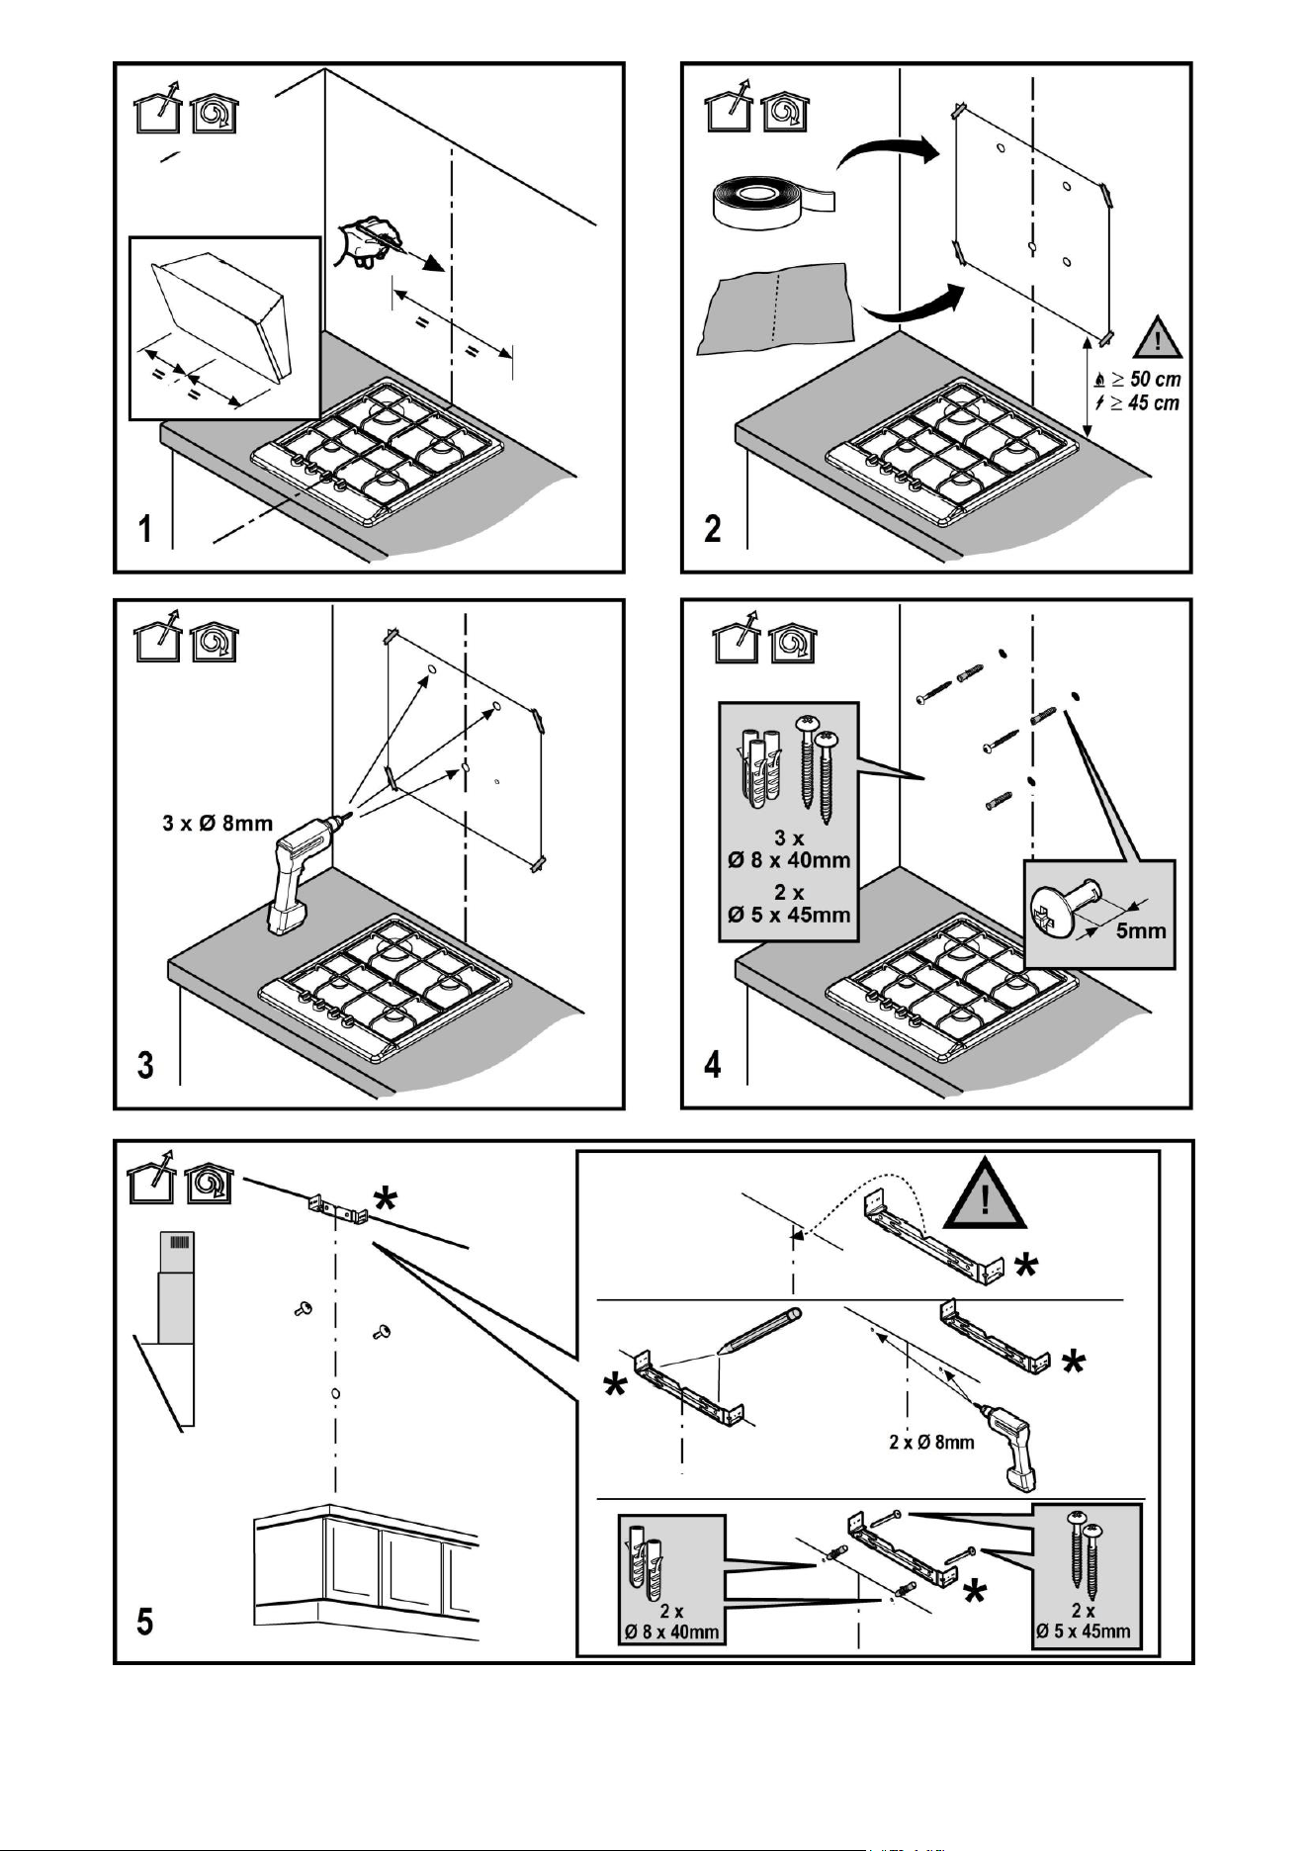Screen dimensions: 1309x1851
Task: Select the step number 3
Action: coord(146,1066)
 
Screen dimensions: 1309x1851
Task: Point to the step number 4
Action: coord(713,1065)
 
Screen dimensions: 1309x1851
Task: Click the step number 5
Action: coord(145,1623)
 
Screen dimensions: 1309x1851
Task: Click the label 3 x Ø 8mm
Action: coord(218,823)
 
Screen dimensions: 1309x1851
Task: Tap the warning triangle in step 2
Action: coord(1158,336)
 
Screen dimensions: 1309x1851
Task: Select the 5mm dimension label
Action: coord(1141,930)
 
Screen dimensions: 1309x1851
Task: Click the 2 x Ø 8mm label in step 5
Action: coord(931,1443)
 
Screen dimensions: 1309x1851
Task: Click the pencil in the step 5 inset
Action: coord(758,1331)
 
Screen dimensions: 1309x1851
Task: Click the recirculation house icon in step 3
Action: coord(215,642)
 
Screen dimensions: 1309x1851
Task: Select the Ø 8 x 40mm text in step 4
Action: coord(789,859)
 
